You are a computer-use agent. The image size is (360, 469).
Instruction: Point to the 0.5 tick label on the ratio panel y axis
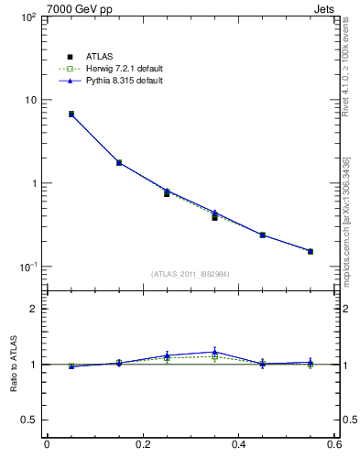click(x=28, y=420)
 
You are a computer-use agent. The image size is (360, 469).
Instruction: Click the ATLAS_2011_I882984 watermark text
click(x=191, y=274)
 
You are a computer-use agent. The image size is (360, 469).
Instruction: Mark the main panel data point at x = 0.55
click(x=311, y=251)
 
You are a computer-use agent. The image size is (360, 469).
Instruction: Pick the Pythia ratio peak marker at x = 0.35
click(x=214, y=352)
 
